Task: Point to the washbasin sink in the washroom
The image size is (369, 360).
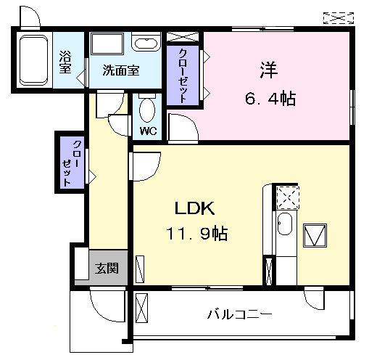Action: [146, 43]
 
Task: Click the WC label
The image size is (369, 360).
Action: [149, 131]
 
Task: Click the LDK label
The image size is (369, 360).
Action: [193, 208]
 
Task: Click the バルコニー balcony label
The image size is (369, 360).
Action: [240, 315]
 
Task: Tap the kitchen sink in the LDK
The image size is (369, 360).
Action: [286, 226]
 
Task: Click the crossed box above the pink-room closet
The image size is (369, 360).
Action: [178, 36]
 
